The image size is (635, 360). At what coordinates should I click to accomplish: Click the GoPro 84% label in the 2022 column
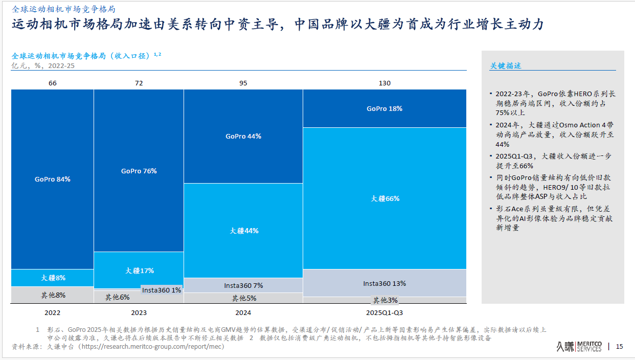53,179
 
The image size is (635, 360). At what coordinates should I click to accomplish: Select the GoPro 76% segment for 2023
139,171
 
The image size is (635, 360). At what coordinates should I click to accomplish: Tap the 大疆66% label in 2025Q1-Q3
385,198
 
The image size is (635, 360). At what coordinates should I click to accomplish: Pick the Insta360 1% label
162,290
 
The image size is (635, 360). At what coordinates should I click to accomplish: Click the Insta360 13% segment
384,283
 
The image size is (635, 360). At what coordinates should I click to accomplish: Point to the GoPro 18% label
384,109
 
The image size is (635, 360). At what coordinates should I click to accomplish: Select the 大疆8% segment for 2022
53,278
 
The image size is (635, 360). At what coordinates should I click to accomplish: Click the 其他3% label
385,300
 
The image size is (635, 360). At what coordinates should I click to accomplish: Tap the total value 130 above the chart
384,83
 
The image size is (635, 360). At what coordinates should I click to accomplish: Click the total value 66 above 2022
53,83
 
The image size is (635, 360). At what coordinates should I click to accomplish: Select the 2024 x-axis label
243,312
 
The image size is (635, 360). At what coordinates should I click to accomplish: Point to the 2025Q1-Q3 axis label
384,312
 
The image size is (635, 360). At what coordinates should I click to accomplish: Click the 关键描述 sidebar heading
505,66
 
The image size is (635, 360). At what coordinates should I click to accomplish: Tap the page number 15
619,347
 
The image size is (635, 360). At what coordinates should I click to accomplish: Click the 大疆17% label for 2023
139,271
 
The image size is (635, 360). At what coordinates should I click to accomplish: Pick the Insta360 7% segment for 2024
243,285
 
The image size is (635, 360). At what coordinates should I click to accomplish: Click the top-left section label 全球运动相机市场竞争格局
63,9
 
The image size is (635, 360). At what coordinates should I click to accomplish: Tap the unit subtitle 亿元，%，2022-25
43,65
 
